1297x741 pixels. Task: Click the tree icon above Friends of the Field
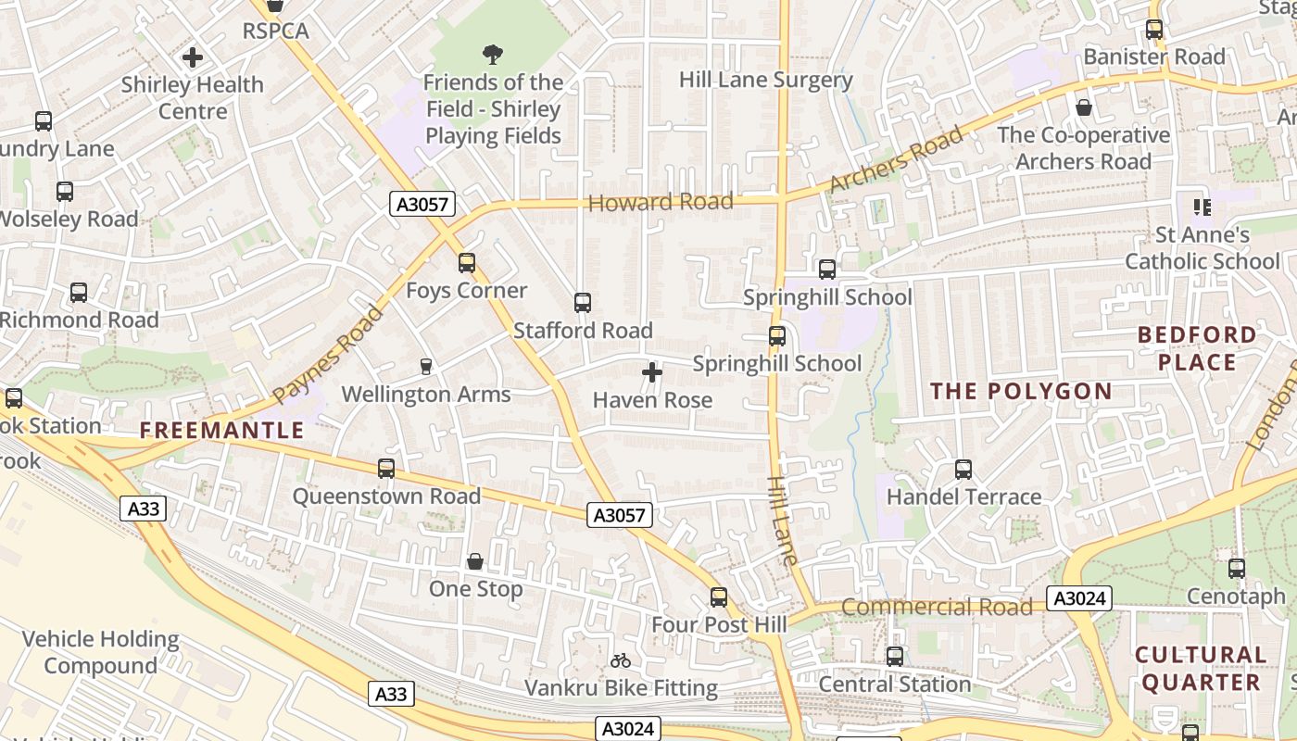[493, 55]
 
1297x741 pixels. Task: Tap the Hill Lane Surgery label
[765, 80]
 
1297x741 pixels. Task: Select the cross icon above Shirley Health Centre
[193, 57]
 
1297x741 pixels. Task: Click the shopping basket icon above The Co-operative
[1083, 107]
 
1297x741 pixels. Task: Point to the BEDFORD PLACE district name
[1197, 348]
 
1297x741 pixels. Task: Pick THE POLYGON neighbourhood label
[1021, 391]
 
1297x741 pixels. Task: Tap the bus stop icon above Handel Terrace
[963, 470]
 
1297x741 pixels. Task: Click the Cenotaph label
[1236, 595]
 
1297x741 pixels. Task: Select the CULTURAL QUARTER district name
[1201, 669]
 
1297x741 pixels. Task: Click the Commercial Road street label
[937, 608]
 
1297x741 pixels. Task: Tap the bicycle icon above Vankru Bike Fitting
[621, 660]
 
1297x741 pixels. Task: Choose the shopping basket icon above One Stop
[475, 561]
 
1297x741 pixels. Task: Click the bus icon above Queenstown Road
[386, 469]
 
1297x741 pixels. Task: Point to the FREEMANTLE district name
[221, 430]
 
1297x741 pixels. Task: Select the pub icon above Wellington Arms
[426, 367]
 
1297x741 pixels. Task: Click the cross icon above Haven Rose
[652, 372]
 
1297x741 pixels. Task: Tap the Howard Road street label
[661, 202]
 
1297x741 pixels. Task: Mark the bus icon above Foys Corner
[467, 263]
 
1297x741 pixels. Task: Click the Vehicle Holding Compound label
[100, 652]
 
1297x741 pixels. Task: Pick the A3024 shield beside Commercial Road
[1078, 598]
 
